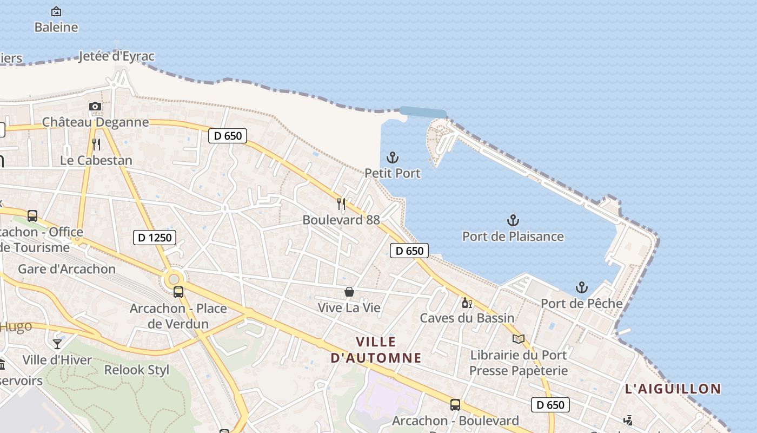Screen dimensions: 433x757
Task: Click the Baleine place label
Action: pyautogui.click(x=56, y=27)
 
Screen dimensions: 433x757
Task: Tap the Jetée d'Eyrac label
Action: pyautogui.click(x=117, y=56)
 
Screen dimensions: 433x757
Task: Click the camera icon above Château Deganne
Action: pyautogui.click(x=95, y=106)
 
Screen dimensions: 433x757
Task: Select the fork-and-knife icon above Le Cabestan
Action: pyautogui.click(x=96, y=144)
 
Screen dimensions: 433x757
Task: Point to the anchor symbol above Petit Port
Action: pyautogui.click(x=393, y=158)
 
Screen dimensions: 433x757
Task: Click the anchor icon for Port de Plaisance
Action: pyautogui.click(x=513, y=220)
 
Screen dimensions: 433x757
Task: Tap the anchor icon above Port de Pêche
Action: pyautogui.click(x=582, y=287)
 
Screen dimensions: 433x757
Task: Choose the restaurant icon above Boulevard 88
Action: pyautogui.click(x=341, y=204)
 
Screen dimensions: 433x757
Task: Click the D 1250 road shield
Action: pyautogui.click(x=155, y=237)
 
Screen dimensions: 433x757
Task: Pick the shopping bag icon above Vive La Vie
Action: pyautogui.click(x=349, y=292)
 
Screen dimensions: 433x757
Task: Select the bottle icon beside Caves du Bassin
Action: pyautogui.click(x=467, y=303)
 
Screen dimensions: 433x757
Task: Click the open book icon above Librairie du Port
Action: pyautogui.click(x=518, y=339)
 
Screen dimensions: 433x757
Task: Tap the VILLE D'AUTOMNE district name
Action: pyautogui.click(x=376, y=350)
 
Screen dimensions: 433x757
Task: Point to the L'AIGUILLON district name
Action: pyautogui.click(x=673, y=389)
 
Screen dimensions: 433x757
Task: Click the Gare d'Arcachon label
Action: pyautogui.click(x=67, y=269)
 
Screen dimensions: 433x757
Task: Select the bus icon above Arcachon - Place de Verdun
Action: pyautogui.click(x=178, y=292)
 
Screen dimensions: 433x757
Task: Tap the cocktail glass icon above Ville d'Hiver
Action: pyautogui.click(x=57, y=344)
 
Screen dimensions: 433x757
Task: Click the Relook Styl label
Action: pyautogui.click(x=137, y=370)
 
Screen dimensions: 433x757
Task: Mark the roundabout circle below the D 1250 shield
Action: pyautogui.click(x=174, y=279)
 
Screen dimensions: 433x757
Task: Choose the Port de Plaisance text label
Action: pyautogui.click(x=513, y=237)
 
